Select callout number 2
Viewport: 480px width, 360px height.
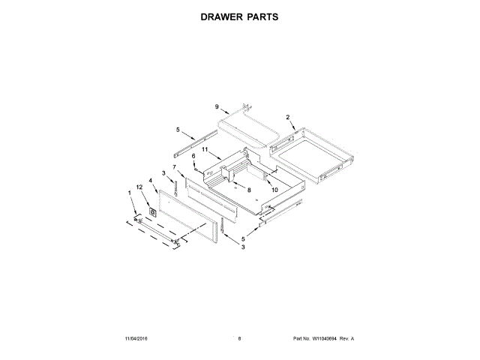(287, 116)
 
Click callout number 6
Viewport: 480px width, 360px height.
(193, 156)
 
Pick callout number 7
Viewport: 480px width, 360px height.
(174, 166)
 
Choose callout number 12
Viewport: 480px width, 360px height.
(139, 186)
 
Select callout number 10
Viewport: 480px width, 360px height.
(274, 190)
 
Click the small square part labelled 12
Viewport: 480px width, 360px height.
(154, 212)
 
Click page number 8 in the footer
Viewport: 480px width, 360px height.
(239, 339)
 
